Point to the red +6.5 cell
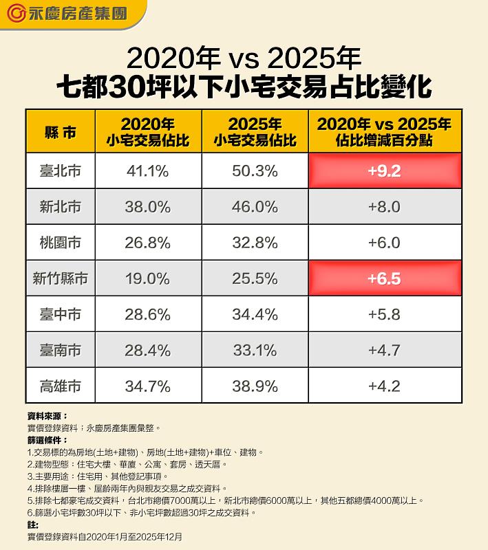[x=384, y=278]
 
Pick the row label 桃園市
[x=60, y=243]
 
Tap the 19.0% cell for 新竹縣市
[x=147, y=278]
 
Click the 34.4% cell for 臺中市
[x=255, y=314]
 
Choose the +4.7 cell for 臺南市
[x=384, y=350]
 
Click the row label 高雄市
[x=60, y=386]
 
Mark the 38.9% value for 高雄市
[x=255, y=386]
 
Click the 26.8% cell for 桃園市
[x=147, y=243]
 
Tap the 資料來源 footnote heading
[x=47, y=416]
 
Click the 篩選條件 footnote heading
[x=47, y=439]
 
